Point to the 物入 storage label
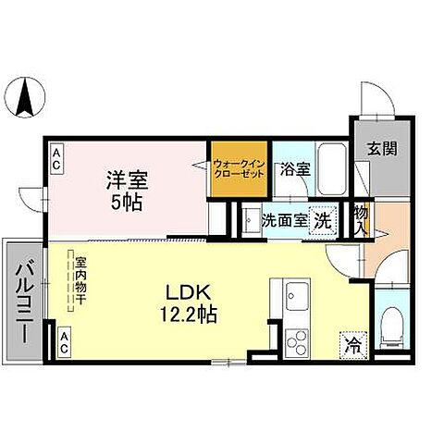click(x=360, y=220)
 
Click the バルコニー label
click(x=23, y=300)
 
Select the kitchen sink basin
click(x=296, y=298)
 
